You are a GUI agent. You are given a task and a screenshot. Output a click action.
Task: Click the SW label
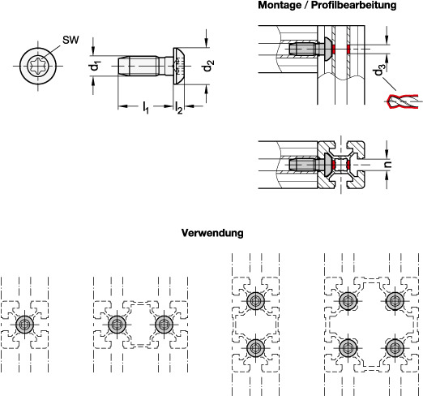coord(70,40)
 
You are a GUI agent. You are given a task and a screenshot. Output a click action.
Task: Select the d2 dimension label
coord(208,66)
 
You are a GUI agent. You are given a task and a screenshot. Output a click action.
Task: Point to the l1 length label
coord(146,107)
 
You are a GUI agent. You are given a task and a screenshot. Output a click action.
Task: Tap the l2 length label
coord(178,108)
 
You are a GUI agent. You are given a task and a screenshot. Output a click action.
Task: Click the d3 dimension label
coord(378,71)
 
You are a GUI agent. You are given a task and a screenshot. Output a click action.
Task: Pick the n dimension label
coord(388,164)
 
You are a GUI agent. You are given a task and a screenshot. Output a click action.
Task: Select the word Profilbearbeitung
coord(354,5)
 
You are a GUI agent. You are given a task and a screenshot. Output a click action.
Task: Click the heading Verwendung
coord(212,233)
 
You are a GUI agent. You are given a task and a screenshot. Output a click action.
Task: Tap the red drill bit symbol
coord(402,101)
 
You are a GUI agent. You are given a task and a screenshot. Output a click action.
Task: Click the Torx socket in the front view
coord(38,66)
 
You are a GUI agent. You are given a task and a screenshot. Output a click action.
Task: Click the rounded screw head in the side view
coord(179,66)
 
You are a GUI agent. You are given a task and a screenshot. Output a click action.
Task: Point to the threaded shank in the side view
coord(138,66)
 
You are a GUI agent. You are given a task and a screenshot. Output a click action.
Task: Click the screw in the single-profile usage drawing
coord(25,325)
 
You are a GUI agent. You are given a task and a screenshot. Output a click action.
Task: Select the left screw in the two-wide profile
coord(117,325)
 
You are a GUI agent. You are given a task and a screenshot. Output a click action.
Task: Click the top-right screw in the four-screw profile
coord(395,301)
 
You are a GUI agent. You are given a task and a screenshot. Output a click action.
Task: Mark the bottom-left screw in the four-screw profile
coord(348,348)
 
